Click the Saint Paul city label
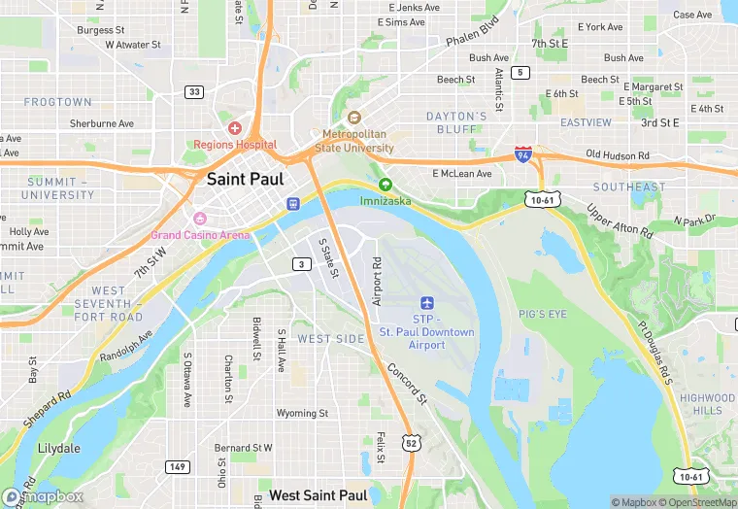click(246, 179)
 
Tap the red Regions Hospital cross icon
click(234, 128)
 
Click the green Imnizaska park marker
click(386, 185)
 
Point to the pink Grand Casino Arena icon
click(200, 219)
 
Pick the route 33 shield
click(194, 91)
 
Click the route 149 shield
click(176, 466)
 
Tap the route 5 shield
click(521, 73)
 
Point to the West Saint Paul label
click(318, 495)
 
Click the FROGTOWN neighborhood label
click(57, 102)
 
